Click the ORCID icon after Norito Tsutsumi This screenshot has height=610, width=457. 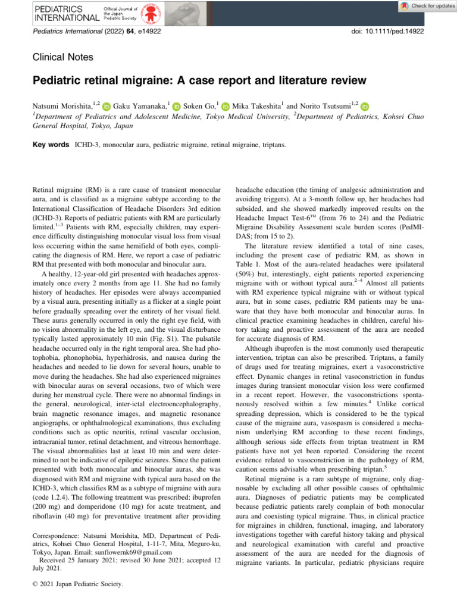pyautogui.click(x=348, y=106)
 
